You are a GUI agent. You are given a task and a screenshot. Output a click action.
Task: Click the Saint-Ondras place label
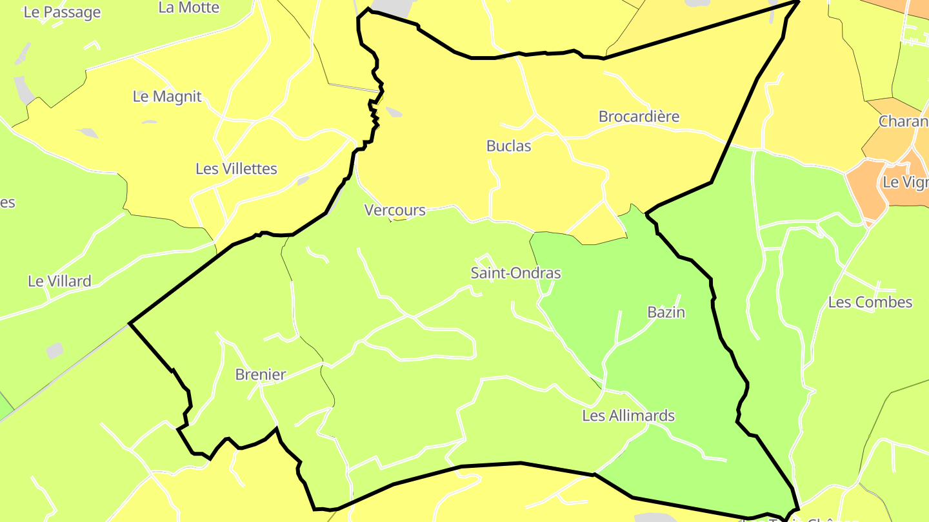point(515,273)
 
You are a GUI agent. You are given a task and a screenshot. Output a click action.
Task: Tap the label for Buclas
point(508,146)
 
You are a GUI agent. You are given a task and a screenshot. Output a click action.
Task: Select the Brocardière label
point(639,117)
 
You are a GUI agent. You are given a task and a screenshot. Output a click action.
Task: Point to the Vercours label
point(395,210)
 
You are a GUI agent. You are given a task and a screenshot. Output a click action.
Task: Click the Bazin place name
point(666,312)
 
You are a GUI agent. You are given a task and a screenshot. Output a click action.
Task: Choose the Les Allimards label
point(628,416)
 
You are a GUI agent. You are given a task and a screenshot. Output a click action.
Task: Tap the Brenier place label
point(260,374)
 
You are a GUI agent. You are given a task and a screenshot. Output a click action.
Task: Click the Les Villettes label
point(236,169)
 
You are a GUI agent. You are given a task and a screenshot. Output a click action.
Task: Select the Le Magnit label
point(167,97)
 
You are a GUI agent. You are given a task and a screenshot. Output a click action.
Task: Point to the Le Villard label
point(59,281)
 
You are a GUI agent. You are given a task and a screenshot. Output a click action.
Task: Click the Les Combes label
point(870,302)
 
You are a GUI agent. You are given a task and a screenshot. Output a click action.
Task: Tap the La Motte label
point(188,8)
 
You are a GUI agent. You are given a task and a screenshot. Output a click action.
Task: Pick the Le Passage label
point(62,12)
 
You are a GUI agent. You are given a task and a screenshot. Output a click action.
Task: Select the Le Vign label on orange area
point(905,182)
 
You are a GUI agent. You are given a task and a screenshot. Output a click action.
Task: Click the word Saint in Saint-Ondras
point(488,273)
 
